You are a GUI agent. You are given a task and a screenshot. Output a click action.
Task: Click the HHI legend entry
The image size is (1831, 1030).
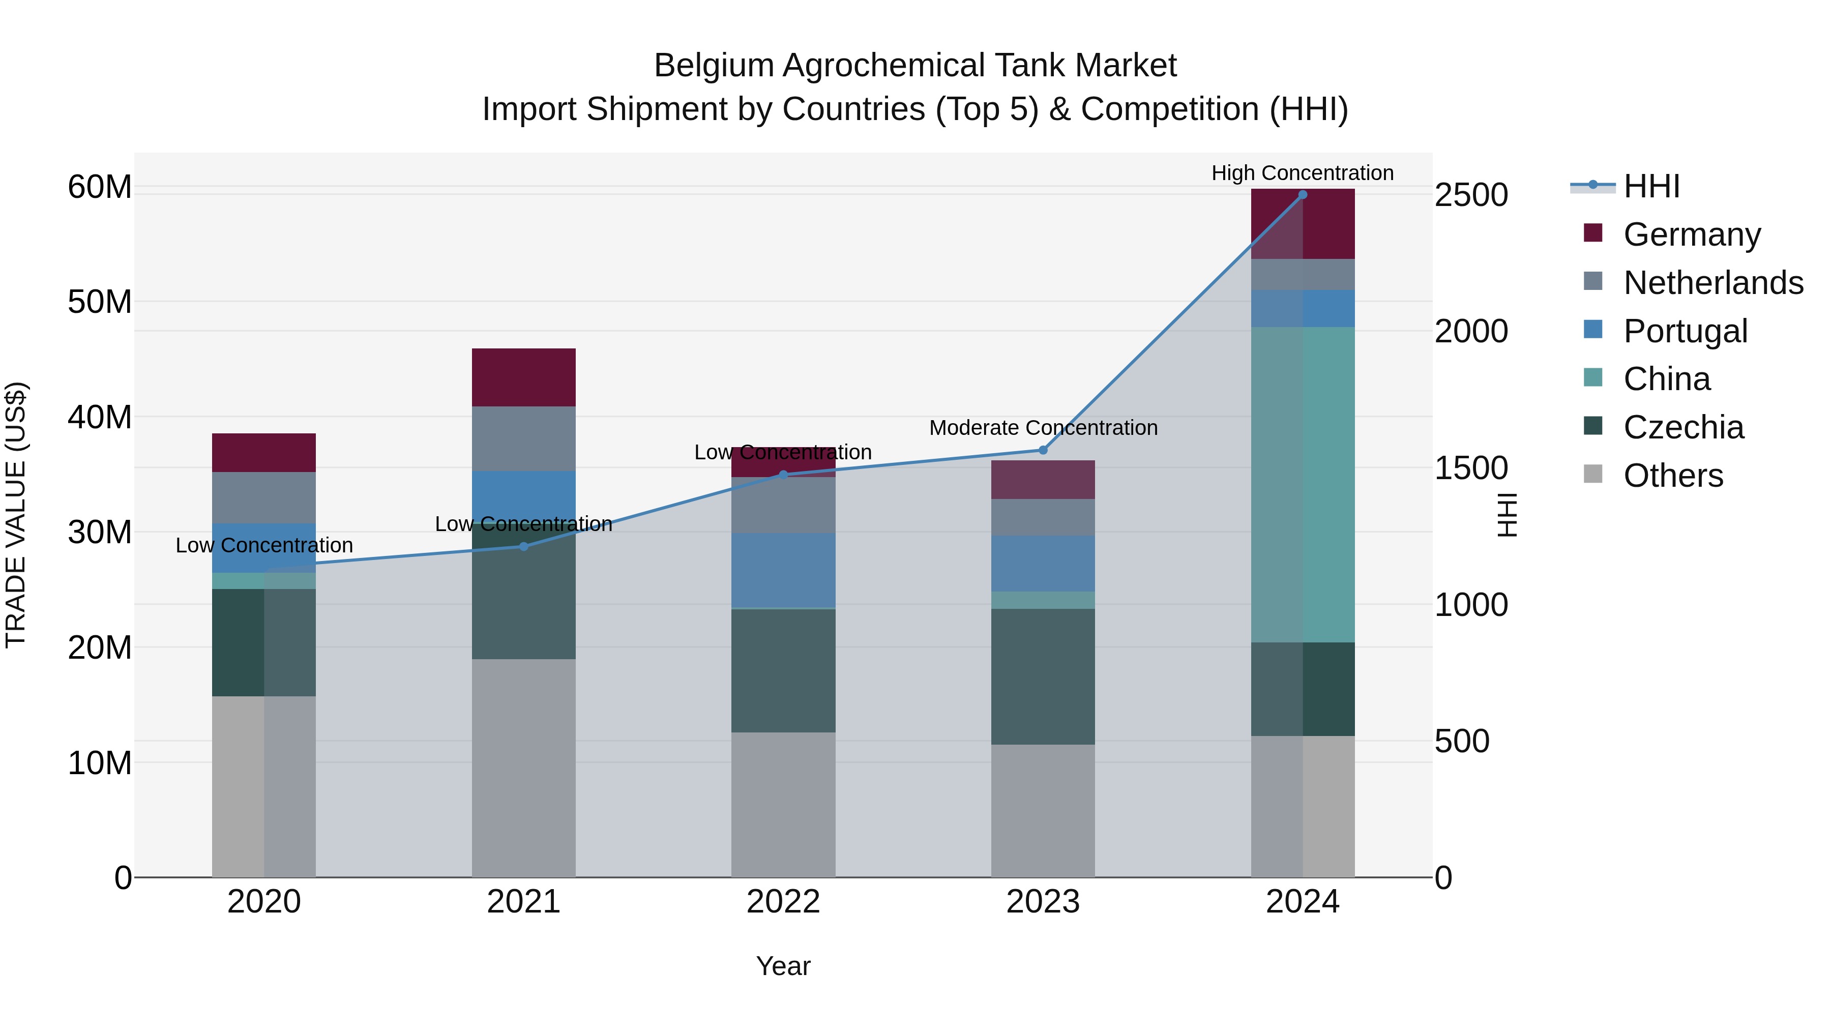(x=1650, y=186)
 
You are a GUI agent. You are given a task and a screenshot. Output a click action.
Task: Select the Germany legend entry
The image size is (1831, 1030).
(x=1691, y=234)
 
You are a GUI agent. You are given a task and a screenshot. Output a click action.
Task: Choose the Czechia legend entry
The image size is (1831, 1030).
(x=1682, y=427)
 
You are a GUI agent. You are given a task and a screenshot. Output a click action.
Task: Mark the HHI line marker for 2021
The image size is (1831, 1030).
(x=524, y=547)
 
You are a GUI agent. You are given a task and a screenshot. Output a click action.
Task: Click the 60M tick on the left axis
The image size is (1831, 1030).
(x=100, y=187)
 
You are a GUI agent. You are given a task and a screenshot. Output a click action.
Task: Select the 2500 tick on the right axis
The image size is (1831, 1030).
(x=1470, y=195)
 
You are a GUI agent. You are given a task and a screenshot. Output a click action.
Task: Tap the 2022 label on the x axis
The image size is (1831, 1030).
(x=783, y=902)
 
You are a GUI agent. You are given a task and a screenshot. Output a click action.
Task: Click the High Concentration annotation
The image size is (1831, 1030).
(x=1302, y=173)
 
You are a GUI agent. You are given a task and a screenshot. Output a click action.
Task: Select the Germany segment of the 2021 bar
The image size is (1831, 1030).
(x=524, y=377)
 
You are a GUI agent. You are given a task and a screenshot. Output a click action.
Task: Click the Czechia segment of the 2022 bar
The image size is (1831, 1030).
(x=783, y=670)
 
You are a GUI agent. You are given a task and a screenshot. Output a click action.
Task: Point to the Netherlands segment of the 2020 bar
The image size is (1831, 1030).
(x=263, y=497)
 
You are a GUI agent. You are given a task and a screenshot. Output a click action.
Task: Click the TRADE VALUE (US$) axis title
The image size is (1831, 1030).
(x=16, y=515)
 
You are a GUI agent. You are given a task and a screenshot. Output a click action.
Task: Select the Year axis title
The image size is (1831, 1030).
(x=783, y=966)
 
